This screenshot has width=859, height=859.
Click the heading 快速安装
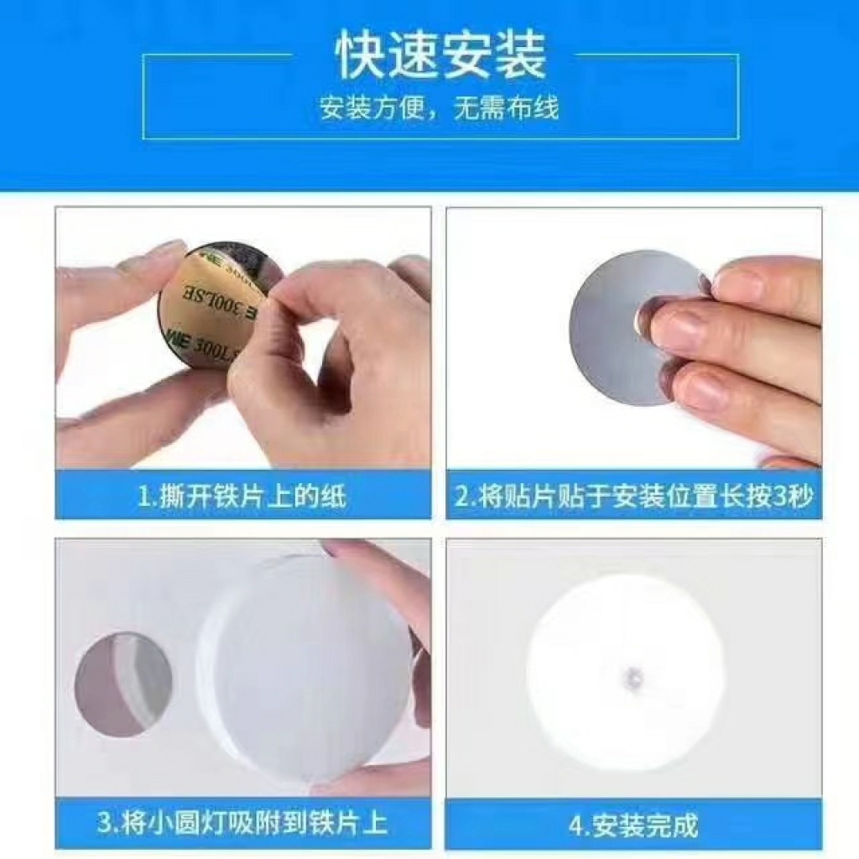coord(440,55)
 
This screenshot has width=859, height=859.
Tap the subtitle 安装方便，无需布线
coord(440,108)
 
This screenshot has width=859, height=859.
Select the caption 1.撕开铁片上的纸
coord(242,497)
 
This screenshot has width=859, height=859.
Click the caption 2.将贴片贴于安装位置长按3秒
coord(634,497)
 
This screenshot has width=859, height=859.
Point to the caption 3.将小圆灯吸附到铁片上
coord(242,823)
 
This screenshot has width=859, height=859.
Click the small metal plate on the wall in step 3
coord(122,685)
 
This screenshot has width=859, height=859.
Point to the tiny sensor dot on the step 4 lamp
coord(631,675)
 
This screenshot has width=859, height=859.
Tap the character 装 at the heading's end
coord(521,55)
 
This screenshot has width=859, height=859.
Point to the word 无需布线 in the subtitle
coord(506,108)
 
